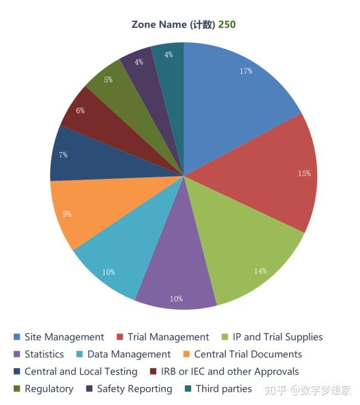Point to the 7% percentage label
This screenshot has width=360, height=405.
pos(63,154)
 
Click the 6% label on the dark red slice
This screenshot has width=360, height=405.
pos(80,110)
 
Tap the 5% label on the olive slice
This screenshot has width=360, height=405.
pos(108,79)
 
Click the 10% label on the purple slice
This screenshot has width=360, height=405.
pos(176,299)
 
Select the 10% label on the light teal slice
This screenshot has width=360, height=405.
pos(108,272)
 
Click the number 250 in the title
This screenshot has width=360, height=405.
pos(227,24)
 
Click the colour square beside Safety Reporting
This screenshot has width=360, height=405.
pos(89,389)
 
